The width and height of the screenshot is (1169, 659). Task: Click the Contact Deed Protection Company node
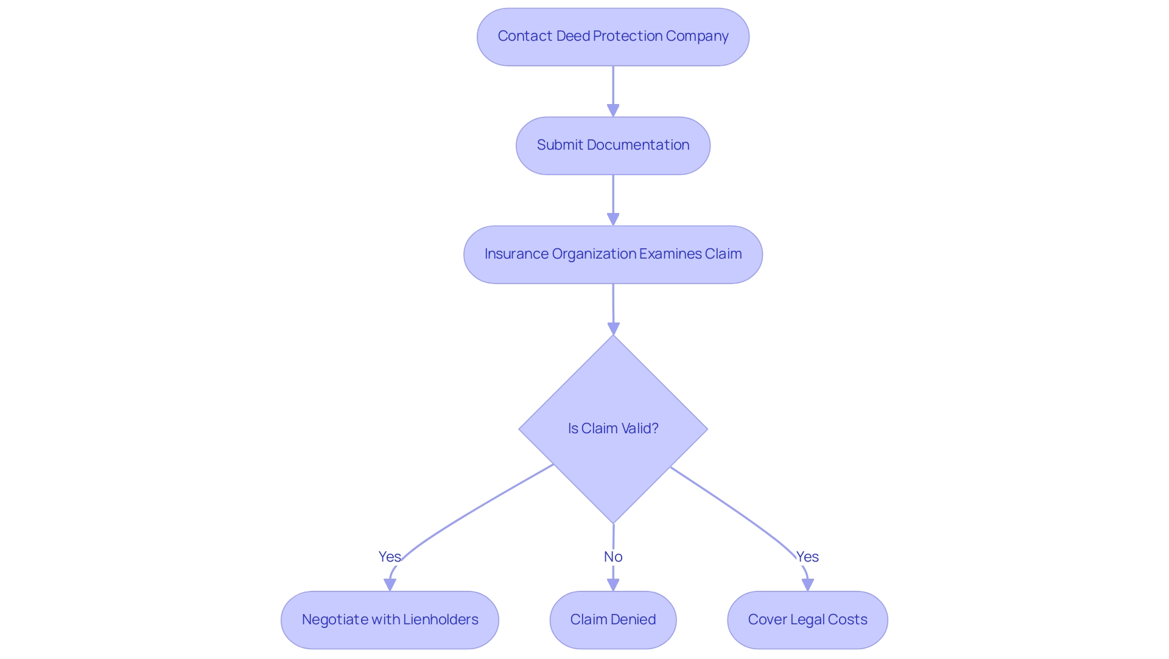point(613,37)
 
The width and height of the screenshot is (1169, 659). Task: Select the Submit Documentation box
point(613,145)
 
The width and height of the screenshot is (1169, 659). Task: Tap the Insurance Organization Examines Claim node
point(613,254)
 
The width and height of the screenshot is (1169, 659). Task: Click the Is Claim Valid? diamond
point(613,428)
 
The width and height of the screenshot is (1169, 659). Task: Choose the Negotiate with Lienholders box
point(390,619)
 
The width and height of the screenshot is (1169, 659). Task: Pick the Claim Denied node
point(613,619)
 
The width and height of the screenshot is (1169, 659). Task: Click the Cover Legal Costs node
point(807,619)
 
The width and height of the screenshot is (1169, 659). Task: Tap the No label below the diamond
point(613,557)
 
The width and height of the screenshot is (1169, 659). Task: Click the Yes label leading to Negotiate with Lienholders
point(389,557)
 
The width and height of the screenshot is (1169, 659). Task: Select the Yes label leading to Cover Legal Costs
point(807,557)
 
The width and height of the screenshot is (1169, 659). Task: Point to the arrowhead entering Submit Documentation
point(613,110)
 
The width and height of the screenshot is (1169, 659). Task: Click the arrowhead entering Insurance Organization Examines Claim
point(613,219)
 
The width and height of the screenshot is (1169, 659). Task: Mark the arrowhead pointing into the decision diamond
point(613,329)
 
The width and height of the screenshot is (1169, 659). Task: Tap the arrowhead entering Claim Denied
point(613,585)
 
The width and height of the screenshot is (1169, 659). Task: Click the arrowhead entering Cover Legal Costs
point(808,585)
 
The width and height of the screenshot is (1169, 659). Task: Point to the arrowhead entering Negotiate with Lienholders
point(390,585)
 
